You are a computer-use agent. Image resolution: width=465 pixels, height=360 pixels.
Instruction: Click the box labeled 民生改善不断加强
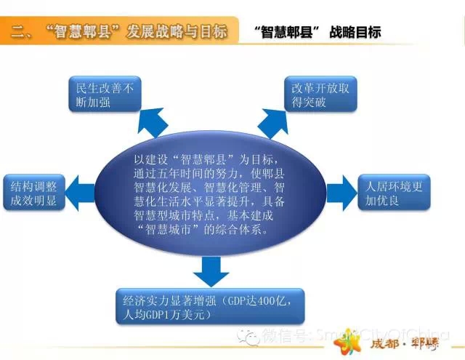click(105, 94)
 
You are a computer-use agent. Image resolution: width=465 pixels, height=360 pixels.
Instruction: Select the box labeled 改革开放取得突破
click(320, 94)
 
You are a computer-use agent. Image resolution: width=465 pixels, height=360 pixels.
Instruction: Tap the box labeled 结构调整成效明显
click(34, 193)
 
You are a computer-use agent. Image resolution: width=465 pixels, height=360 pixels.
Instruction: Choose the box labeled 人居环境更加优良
click(394, 193)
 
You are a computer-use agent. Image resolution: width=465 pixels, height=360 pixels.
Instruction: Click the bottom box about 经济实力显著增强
click(210, 306)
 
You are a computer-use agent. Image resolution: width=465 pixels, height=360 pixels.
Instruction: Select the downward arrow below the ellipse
click(211, 271)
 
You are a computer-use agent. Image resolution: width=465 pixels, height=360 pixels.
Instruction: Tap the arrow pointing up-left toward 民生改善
click(152, 122)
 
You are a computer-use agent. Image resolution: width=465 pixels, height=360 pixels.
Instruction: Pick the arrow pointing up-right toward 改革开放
click(273, 123)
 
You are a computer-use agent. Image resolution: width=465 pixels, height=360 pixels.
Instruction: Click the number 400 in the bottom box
click(262, 300)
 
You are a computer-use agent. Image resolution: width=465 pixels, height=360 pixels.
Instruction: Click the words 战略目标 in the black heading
click(355, 32)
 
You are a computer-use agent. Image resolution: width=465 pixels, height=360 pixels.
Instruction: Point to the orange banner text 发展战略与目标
click(177, 31)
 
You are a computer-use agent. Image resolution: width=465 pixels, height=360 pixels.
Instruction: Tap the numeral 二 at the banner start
click(17, 31)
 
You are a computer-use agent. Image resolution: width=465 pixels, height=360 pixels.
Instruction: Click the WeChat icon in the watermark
click(248, 337)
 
